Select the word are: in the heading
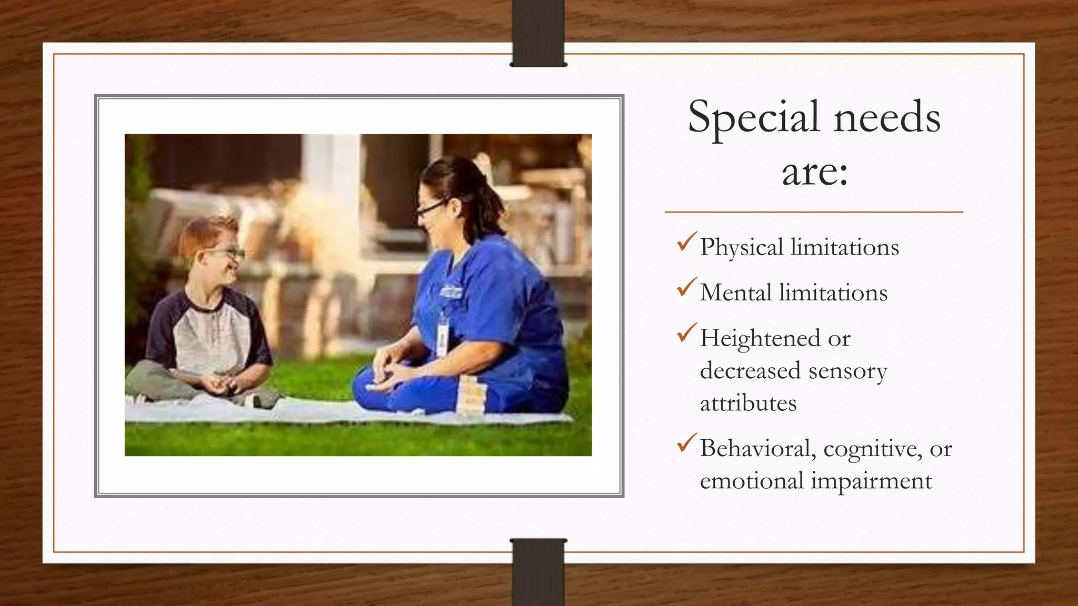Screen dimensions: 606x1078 pos(814,172)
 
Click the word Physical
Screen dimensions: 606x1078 pos(742,248)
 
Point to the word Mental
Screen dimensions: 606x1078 pos(736,292)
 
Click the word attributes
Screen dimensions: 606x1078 pos(748,403)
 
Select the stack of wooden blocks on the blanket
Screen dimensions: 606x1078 pos(472,396)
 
